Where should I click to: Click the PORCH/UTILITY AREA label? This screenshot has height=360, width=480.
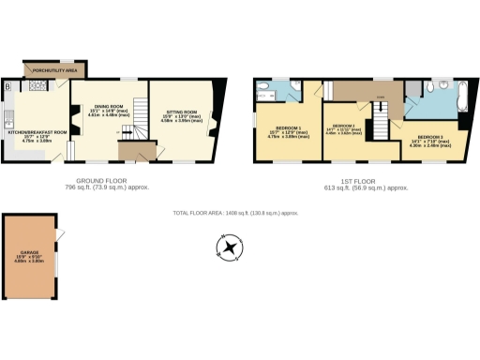[55, 70]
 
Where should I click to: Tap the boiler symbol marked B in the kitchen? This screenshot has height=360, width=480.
[7, 86]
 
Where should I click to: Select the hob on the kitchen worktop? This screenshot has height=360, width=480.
[39, 86]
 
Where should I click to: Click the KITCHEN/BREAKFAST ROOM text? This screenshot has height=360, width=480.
[37, 132]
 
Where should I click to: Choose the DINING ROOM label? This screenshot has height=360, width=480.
[110, 108]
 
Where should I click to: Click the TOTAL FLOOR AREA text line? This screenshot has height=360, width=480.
[236, 213]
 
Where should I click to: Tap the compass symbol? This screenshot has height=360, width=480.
[228, 248]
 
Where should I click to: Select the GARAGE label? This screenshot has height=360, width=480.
[28, 252]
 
